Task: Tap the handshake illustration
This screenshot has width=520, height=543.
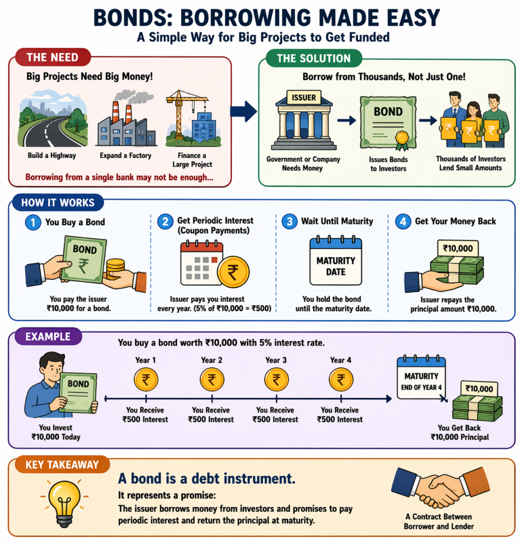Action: (440, 487)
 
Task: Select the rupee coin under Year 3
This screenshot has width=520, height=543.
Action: (276, 380)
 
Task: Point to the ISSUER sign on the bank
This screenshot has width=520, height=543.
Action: (300, 97)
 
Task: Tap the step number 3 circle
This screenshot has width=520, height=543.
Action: (289, 222)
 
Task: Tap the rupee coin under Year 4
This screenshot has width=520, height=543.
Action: (341, 380)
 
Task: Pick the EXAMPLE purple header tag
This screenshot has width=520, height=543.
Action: (47, 336)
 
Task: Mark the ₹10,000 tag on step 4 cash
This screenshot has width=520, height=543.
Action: (457, 248)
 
